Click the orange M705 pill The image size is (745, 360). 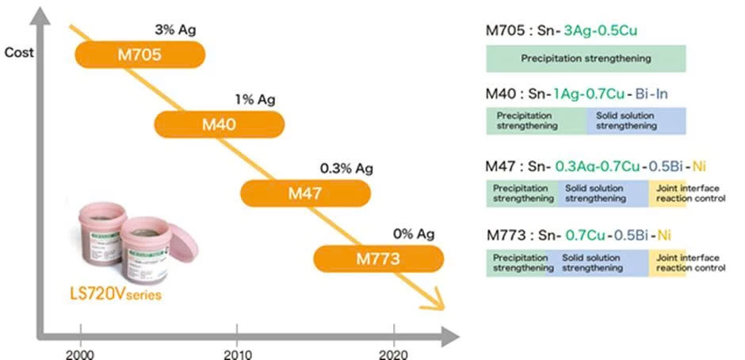tap(140, 55)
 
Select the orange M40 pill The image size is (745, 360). tap(219, 124)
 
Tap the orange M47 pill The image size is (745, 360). tap(305, 193)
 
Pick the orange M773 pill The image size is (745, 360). tap(378, 258)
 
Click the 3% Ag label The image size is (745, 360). tap(175, 31)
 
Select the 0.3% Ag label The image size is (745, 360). tap(346, 168)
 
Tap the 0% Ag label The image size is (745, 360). tap(414, 234)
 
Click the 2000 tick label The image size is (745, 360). tap(79, 353)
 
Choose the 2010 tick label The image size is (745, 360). tap(237, 353)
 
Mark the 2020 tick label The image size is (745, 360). tap(394, 353)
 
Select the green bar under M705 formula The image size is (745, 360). tap(586, 59)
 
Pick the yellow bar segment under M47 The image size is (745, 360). tap(667, 193)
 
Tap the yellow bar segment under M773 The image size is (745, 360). tap(667, 262)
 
